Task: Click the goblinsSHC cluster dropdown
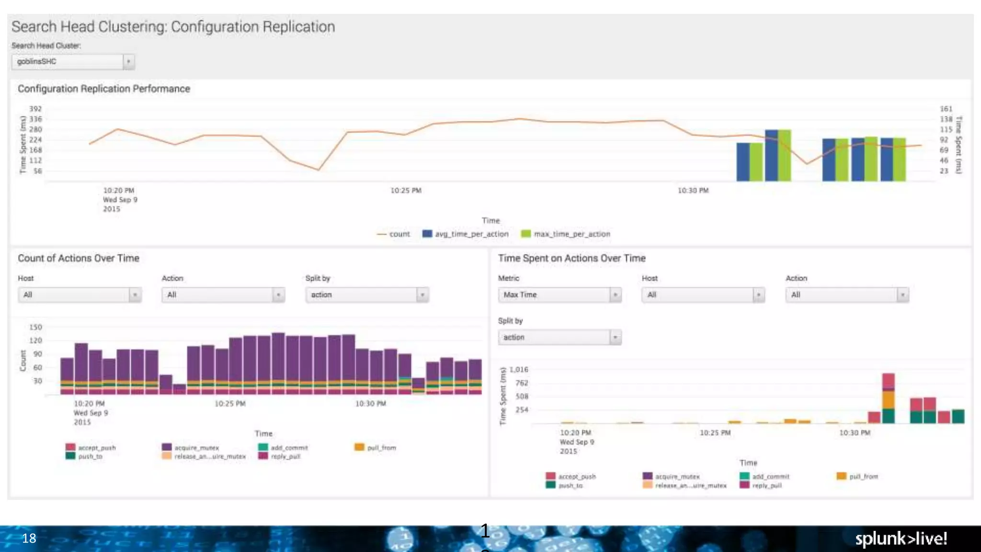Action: (73, 62)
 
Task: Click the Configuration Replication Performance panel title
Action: (103, 89)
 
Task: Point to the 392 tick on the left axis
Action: (35, 109)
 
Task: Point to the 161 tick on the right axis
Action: (946, 109)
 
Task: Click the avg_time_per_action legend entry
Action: (466, 234)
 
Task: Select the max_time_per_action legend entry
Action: (566, 234)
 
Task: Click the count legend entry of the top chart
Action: (394, 234)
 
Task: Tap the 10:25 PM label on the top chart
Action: (406, 191)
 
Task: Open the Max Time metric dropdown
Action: (559, 295)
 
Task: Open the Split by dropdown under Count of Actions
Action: (367, 295)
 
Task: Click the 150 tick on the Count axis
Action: (35, 327)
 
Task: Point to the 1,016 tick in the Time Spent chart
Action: (519, 369)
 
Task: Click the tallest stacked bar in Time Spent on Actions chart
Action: (888, 398)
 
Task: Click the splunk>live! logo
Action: (901, 539)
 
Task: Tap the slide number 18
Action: (29, 539)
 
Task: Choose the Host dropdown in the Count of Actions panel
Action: (80, 295)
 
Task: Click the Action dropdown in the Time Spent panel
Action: (846, 295)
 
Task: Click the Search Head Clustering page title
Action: (173, 27)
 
